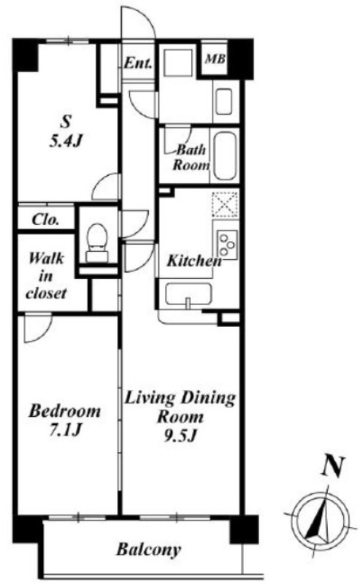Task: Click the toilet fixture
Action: click(97, 242)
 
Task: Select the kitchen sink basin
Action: click(188, 294)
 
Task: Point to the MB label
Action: click(215, 58)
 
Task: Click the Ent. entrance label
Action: click(138, 63)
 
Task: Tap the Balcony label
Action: click(149, 549)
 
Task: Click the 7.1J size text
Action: click(65, 430)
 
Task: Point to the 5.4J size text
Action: click(66, 141)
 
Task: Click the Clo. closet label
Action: click(46, 220)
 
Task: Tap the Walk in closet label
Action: click(46, 276)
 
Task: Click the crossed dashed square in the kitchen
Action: click(225, 204)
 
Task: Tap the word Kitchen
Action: click(194, 261)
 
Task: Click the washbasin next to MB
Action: click(223, 101)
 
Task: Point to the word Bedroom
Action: click(65, 411)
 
